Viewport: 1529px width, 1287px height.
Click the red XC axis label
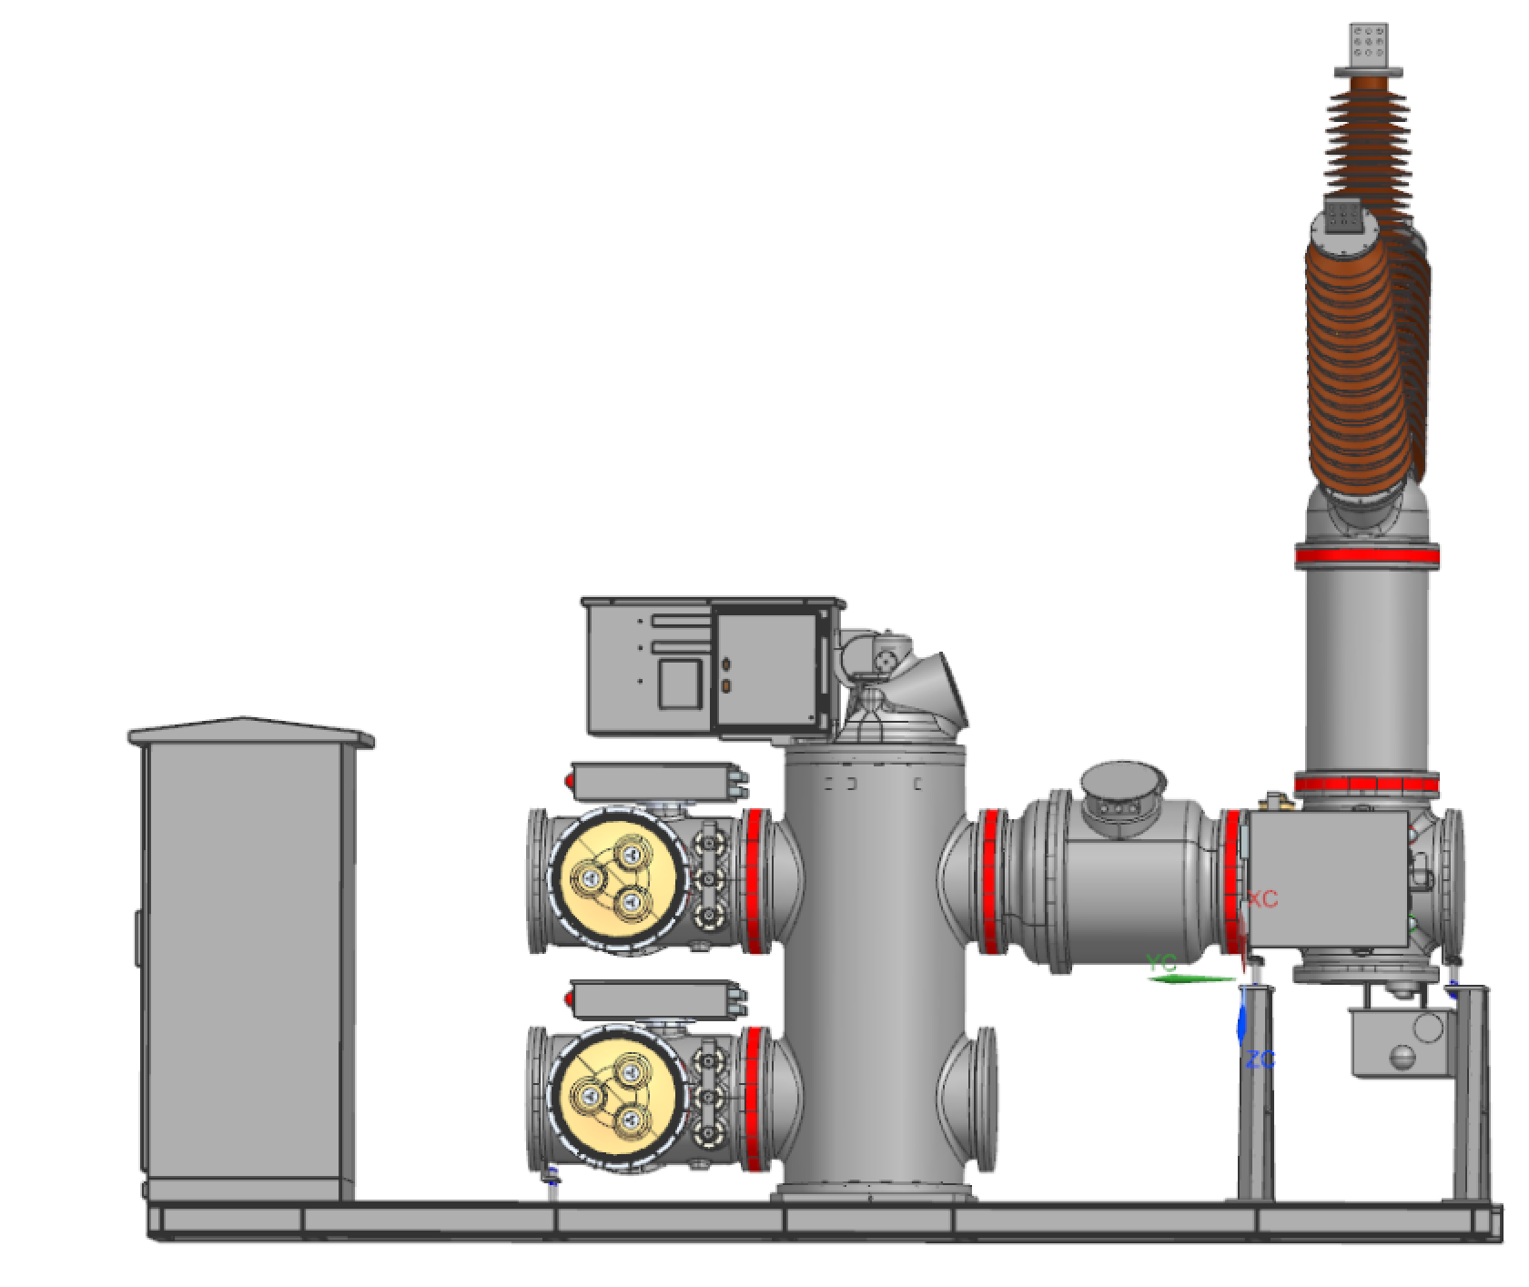1262,898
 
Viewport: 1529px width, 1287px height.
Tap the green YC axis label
1162,964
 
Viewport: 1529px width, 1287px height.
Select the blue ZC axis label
1261,1059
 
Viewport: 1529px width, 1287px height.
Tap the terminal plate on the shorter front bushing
1343,217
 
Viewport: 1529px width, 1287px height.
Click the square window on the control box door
680,684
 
